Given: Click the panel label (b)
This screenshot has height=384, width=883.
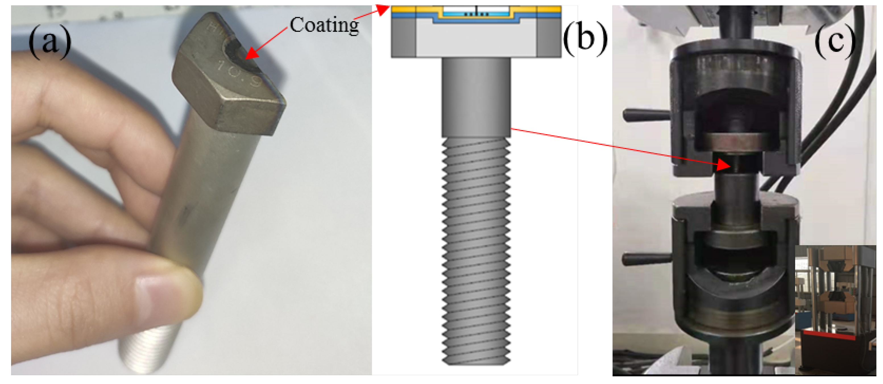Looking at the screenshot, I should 585,38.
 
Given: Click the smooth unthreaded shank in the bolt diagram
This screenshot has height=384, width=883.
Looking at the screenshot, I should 476,98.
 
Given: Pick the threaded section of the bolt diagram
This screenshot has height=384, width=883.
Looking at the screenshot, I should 476,250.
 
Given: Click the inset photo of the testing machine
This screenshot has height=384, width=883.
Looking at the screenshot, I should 835,309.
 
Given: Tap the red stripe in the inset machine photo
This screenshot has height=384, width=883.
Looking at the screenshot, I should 830,334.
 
